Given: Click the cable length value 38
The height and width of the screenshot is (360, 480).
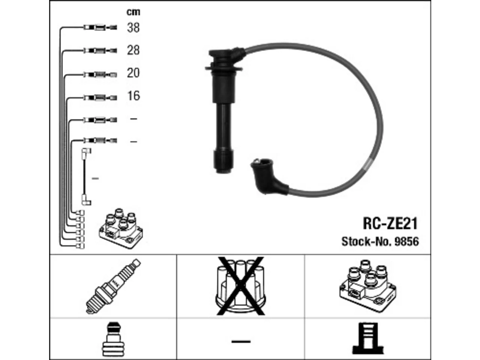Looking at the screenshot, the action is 133,28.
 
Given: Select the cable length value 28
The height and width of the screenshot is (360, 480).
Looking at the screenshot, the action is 133,50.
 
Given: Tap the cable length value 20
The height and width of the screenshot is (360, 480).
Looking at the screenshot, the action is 133,73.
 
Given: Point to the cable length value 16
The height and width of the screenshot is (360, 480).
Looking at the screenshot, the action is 133,96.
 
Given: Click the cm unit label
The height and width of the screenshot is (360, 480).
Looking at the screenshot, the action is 133,12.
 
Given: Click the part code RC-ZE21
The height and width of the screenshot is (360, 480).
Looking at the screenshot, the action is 390,223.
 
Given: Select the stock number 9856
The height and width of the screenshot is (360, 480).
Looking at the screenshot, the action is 406,242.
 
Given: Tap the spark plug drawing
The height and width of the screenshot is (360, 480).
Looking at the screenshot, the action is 113,286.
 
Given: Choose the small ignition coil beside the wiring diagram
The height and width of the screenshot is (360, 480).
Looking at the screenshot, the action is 121,228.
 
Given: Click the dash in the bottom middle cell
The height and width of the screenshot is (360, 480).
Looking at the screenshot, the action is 241,341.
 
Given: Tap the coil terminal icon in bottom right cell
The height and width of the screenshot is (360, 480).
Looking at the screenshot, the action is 368,341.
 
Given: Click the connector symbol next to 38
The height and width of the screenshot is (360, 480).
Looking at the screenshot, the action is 100,27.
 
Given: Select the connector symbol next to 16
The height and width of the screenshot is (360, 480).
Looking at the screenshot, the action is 100,97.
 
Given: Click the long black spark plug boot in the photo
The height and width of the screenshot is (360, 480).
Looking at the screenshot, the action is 223,109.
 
